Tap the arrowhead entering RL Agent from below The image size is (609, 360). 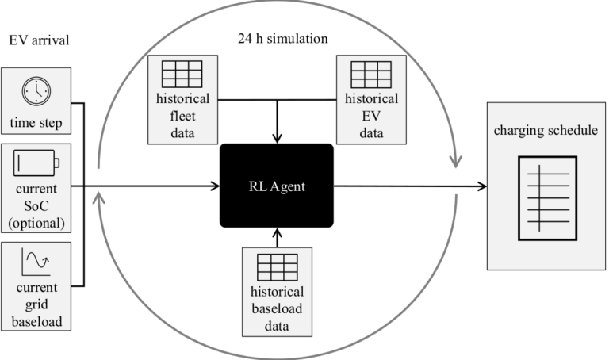pos(277,233)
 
